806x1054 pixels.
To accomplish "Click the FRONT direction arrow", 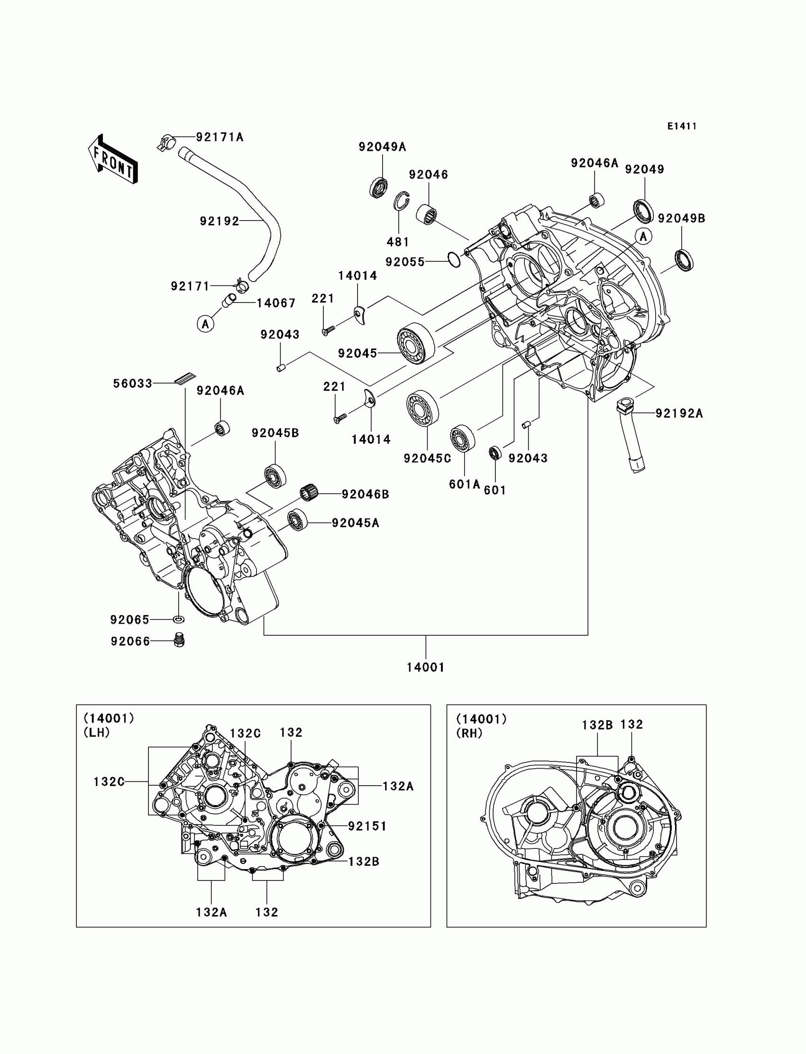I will pyautogui.click(x=113, y=159).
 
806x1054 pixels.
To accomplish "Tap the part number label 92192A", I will pyautogui.click(x=679, y=413).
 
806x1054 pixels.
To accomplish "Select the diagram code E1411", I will pyautogui.click(x=682, y=126).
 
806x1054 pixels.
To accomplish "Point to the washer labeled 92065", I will pyautogui.click(x=179, y=619).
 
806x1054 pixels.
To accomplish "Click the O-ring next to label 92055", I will pyautogui.click(x=453, y=259).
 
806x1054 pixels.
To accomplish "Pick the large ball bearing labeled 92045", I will pyautogui.click(x=415, y=343).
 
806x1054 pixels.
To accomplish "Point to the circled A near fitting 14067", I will pyautogui.click(x=205, y=324).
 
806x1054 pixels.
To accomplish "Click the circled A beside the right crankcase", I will pyautogui.click(x=643, y=236).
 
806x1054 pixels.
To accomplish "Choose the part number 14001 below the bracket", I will pyautogui.click(x=426, y=667).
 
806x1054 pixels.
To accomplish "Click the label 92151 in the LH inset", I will pyautogui.click(x=367, y=825).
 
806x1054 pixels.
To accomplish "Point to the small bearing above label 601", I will pyautogui.click(x=495, y=452).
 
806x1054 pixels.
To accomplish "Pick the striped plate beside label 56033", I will pyautogui.click(x=185, y=378).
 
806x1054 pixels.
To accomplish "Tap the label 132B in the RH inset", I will pyautogui.click(x=597, y=725).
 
